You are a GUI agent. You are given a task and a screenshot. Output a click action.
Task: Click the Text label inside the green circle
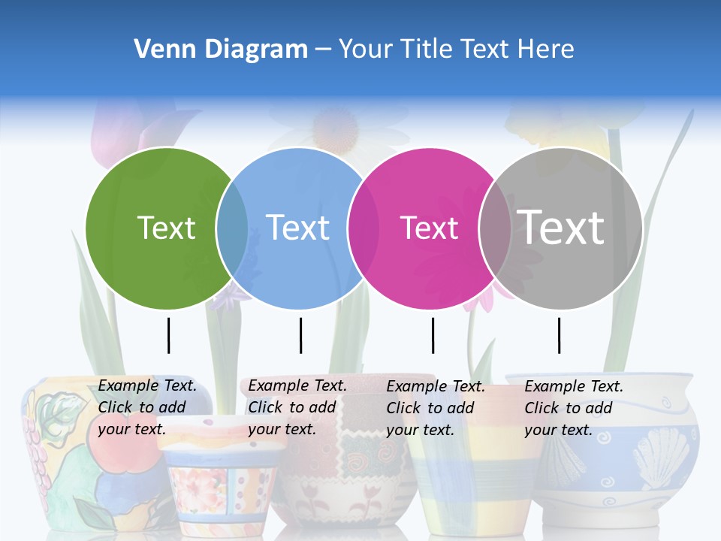[x=166, y=228]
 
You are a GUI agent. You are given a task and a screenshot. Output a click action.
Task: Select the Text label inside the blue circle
[x=297, y=228]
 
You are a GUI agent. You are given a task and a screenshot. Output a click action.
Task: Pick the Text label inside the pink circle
[x=429, y=228]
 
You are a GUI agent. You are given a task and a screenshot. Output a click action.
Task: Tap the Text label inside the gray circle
[x=561, y=227]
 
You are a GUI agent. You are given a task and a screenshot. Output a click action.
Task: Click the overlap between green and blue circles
[x=232, y=228]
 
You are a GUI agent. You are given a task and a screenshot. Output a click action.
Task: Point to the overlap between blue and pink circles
[x=364, y=228]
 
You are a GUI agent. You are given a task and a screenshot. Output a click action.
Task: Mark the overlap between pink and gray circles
[x=495, y=228]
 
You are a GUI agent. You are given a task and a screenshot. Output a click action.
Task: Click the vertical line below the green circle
[x=169, y=335]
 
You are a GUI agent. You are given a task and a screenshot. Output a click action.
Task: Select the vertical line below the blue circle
[x=300, y=335]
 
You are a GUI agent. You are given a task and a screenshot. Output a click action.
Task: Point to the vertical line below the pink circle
[x=433, y=335]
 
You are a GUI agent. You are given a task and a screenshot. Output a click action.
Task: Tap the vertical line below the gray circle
[x=559, y=335]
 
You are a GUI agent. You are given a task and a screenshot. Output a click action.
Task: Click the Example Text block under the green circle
[x=147, y=407]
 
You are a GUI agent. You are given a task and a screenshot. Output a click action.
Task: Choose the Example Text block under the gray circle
[x=574, y=408]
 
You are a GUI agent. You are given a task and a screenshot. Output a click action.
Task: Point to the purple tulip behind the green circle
[x=113, y=131]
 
